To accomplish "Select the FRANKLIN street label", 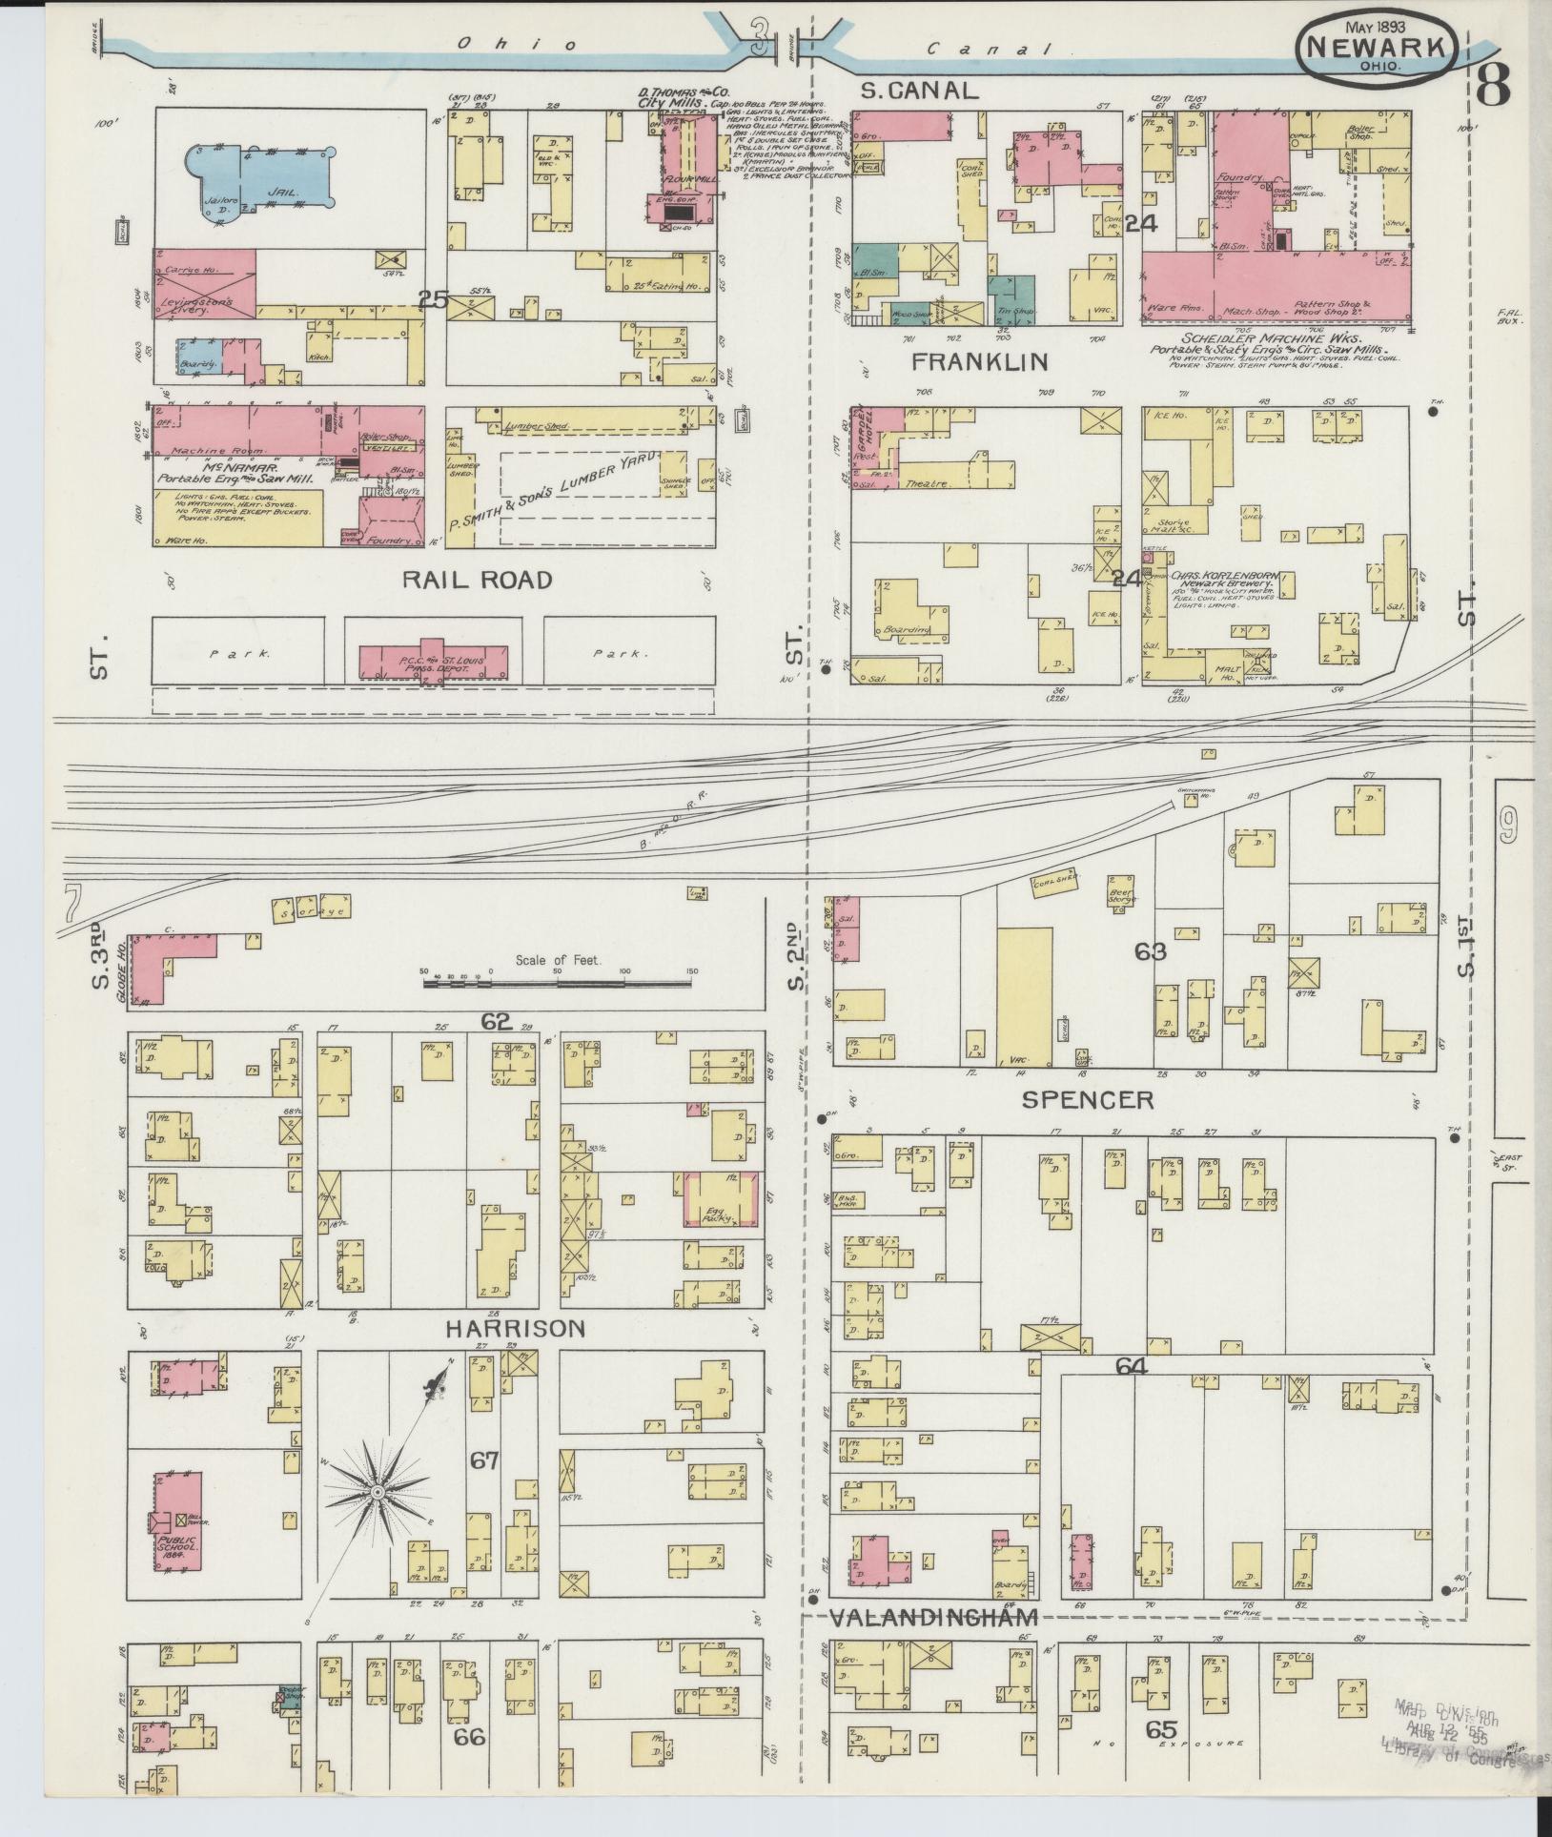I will (979, 361).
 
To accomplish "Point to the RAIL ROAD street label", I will (476, 580).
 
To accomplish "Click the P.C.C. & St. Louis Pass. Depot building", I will (434, 662).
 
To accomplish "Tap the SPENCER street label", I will (1088, 1099).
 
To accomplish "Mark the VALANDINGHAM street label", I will (931, 1617).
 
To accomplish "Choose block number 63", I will (1150, 951).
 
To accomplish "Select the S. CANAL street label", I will (919, 91).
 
